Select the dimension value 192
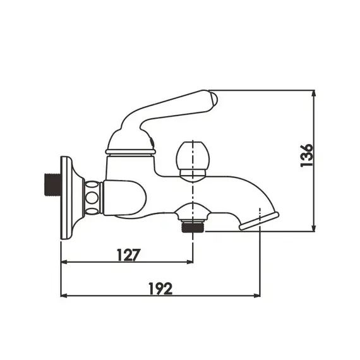click(x=160, y=288)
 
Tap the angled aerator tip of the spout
click(x=259, y=221)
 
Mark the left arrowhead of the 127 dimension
click(x=63, y=262)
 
